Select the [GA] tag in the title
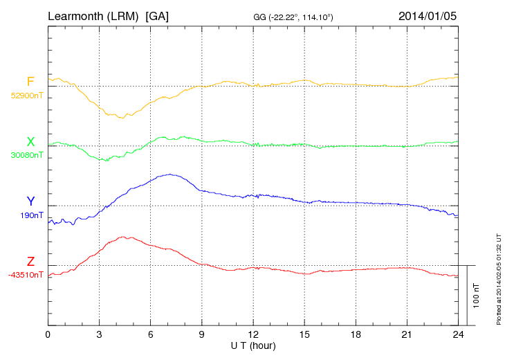point(157,15)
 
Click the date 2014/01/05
point(428,15)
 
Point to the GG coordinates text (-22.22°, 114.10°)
point(294,16)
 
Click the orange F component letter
point(30,82)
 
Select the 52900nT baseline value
point(26,96)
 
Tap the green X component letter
point(30,142)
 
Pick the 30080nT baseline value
point(26,155)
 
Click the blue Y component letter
point(30,201)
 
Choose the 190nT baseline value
point(32,215)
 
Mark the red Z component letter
point(30,261)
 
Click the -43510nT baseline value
point(26,274)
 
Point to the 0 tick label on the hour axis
point(48,335)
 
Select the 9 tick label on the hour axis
point(202,335)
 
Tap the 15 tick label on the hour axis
point(304,335)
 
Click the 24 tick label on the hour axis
point(459,335)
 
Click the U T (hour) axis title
point(253,345)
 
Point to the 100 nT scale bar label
point(477,296)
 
